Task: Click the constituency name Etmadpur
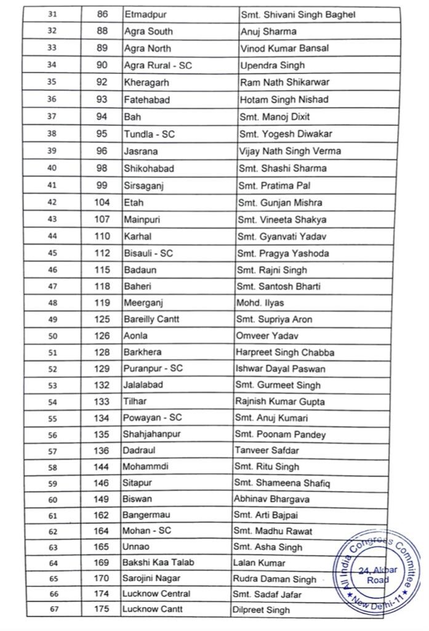[x=147, y=14]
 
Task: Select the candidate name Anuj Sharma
[x=268, y=31]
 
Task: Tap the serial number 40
[x=52, y=168]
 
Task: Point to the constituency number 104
[x=102, y=202]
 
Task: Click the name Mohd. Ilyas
[x=260, y=303]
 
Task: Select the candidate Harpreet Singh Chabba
[x=285, y=352]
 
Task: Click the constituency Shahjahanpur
[x=153, y=434]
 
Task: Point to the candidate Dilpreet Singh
[x=261, y=610]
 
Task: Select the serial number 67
[x=52, y=609]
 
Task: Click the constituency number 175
[x=101, y=609]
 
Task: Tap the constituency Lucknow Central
[x=156, y=593]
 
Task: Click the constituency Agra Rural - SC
[x=158, y=65]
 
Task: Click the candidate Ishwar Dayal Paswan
[x=281, y=369]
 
